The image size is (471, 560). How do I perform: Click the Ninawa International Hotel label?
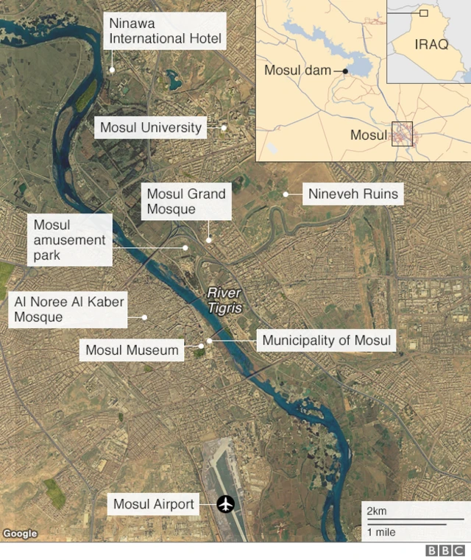(164, 31)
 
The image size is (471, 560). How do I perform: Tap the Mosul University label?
(150, 127)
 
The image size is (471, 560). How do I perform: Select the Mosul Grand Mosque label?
(186, 201)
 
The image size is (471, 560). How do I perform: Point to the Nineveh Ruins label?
(353, 194)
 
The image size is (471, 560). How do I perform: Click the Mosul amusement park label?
(69, 240)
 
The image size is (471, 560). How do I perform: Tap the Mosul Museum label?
(132, 350)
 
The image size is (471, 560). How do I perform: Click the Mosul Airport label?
(154, 504)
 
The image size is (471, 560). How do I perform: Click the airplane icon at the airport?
(225, 504)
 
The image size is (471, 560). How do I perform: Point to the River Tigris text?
(224, 300)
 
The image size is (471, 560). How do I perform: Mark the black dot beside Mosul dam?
(344, 71)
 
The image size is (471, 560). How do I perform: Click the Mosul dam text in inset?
(297, 71)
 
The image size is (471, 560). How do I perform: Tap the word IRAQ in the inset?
(431, 44)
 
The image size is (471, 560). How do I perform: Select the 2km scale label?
(377, 511)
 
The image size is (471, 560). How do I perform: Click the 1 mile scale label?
(381, 531)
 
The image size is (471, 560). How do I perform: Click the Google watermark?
(20, 534)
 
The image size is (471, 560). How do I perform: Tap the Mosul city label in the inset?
(368, 135)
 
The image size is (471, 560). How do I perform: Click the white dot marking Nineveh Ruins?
(285, 194)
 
